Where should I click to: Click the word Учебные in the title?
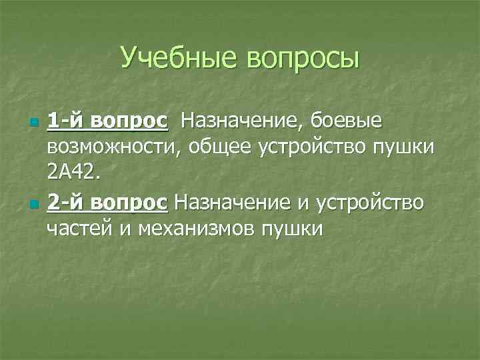click(180, 57)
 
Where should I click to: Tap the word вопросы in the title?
click(303, 59)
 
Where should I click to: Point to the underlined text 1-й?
click(65, 121)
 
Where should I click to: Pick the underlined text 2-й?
click(65, 201)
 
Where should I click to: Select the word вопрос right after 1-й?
click(129, 121)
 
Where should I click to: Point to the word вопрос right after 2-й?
click(129, 201)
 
